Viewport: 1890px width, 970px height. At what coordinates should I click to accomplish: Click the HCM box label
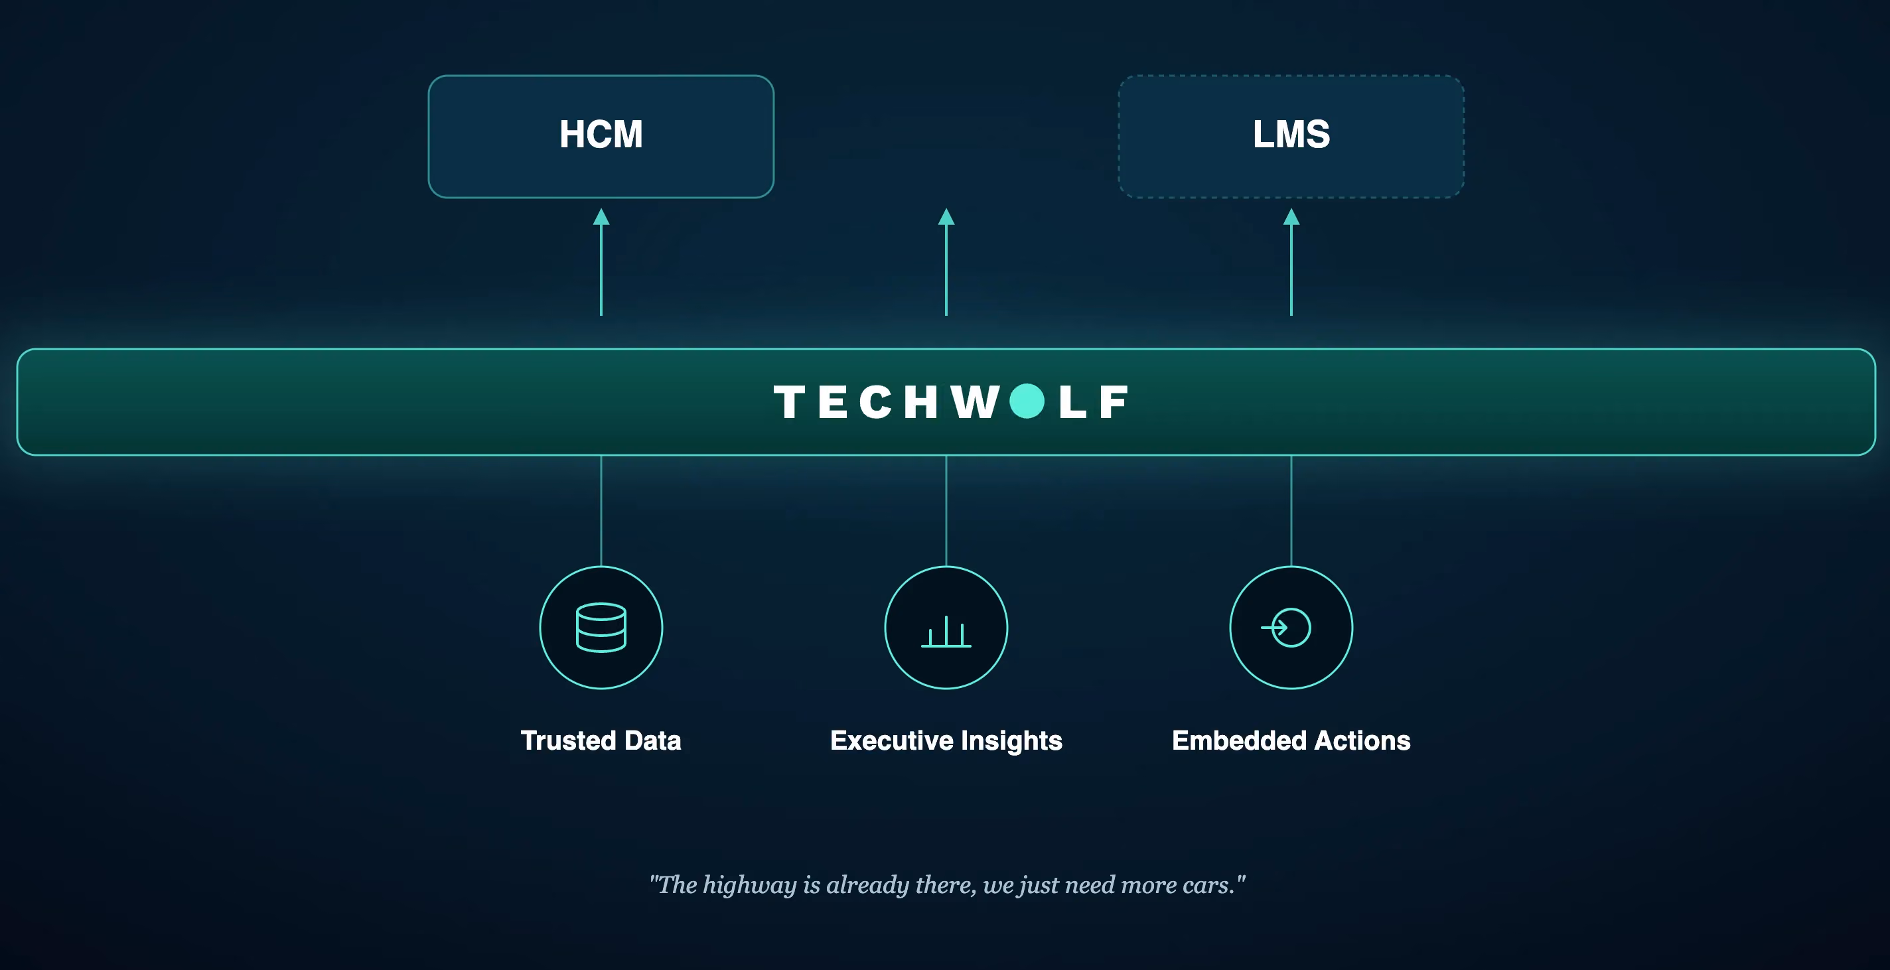[x=601, y=134]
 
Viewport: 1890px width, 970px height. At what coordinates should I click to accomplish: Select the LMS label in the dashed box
[x=1291, y=134]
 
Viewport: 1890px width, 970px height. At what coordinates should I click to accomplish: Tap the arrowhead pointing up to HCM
[x=601, y=217]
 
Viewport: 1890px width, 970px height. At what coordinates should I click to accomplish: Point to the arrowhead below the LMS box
[x=1291, y=217]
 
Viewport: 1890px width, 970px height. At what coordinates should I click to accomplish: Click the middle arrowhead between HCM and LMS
[x=946, y=217]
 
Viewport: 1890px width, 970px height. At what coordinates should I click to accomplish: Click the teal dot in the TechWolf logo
[x=1027, y=401]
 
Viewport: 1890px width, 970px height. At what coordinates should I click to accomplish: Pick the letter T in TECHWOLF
[x=790, y=402]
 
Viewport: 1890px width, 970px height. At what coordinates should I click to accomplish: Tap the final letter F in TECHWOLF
[x=1114, y=402]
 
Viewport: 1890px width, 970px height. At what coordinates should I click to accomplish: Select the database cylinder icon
[x=601, y=628]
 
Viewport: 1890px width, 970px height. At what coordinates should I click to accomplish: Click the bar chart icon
[x=946, y=632]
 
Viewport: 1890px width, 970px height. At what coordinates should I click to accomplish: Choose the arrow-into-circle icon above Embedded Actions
[x=1286, y=628]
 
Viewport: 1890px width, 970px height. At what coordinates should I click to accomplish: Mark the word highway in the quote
[x=750, y=886]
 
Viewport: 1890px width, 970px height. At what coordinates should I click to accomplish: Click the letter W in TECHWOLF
[x=975, y=402]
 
